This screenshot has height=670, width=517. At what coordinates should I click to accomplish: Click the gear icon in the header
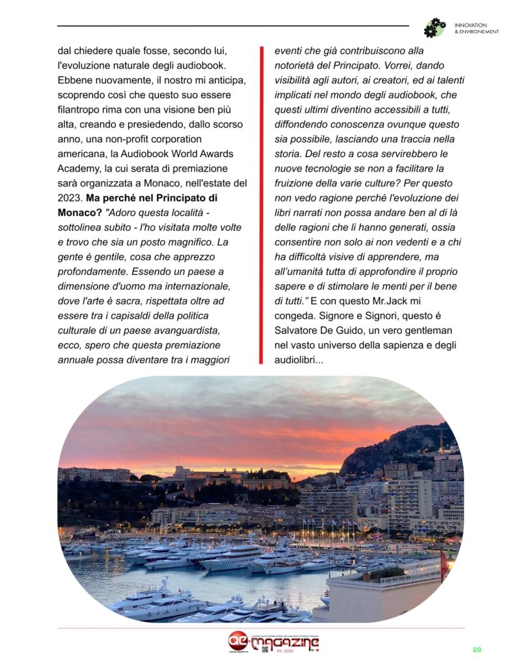pos(434,27)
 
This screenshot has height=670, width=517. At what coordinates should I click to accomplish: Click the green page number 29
pos(477,649)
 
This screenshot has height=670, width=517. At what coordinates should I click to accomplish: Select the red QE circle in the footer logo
pos(238,641)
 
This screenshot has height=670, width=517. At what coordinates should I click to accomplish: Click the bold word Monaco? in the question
pos(80,213)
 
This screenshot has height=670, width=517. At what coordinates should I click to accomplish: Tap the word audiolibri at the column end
pos(297,359)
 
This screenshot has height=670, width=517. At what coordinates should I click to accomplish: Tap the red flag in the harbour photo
pos(444,565)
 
